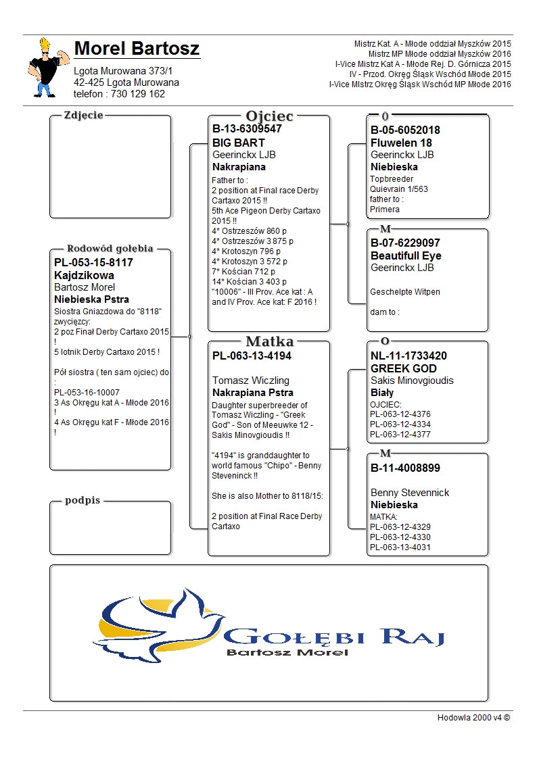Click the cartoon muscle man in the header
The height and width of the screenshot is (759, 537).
pos(48,68)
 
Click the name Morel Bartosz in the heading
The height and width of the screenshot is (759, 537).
pos(137,49)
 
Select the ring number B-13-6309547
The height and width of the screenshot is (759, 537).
pos(247,128)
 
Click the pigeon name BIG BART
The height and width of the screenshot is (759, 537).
pos(239,143)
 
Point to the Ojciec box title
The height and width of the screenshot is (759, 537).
pos(269,116)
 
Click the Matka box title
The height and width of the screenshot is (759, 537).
pos(269,341)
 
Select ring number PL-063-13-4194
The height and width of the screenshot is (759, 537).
pos(252,356)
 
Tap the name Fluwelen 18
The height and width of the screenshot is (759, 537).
pos(401,143)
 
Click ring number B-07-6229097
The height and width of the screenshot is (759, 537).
pos(405,243)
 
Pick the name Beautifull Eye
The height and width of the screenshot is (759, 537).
pos(406,255)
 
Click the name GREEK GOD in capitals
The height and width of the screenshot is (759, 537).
pos(404,368)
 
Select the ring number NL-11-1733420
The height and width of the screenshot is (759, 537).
pos(408,356)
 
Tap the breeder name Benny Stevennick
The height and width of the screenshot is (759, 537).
pos(410,493)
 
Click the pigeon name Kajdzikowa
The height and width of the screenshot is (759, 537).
pos(84,275)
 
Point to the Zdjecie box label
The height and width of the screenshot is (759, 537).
pos(83,115)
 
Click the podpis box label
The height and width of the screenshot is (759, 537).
pos(83,500)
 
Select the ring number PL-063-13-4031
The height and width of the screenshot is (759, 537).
pos(400,547)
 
